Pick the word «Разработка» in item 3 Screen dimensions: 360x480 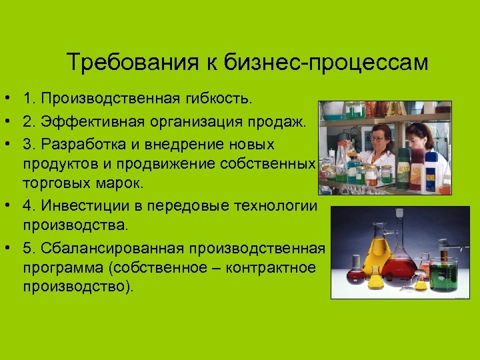[80, 145]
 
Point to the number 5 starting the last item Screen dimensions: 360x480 [27, 248]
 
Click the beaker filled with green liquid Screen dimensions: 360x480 [443, 273]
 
